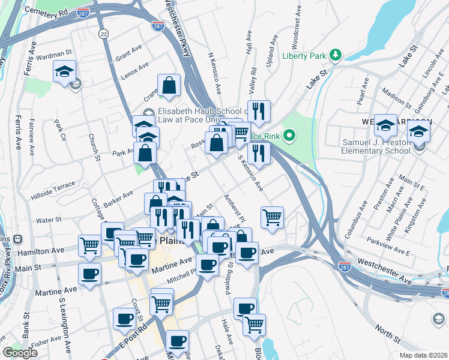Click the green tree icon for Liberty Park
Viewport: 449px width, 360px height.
pyautogui.click(x=336, y=56)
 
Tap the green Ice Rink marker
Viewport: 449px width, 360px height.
pyautogui.click(x=289, y=136)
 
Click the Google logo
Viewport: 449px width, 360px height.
pyautogui.click(x=20, y=352)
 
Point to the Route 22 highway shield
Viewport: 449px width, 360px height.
pyautogui.click(x=104, y=34)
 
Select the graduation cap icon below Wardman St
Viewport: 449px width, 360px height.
pyautogui.click(x=64, y=71)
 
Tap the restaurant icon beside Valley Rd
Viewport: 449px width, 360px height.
pyautogui.click(x=259, y=111)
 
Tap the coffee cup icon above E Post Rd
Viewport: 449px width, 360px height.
pyautogui.click(x=124, y=319)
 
